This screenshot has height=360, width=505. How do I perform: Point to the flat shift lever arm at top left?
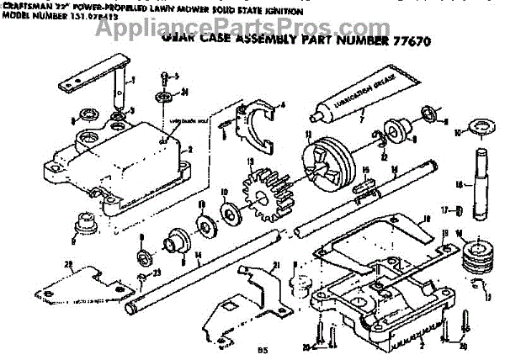coord(98,71)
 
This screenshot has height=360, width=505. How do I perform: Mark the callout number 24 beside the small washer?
coord(184,91)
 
